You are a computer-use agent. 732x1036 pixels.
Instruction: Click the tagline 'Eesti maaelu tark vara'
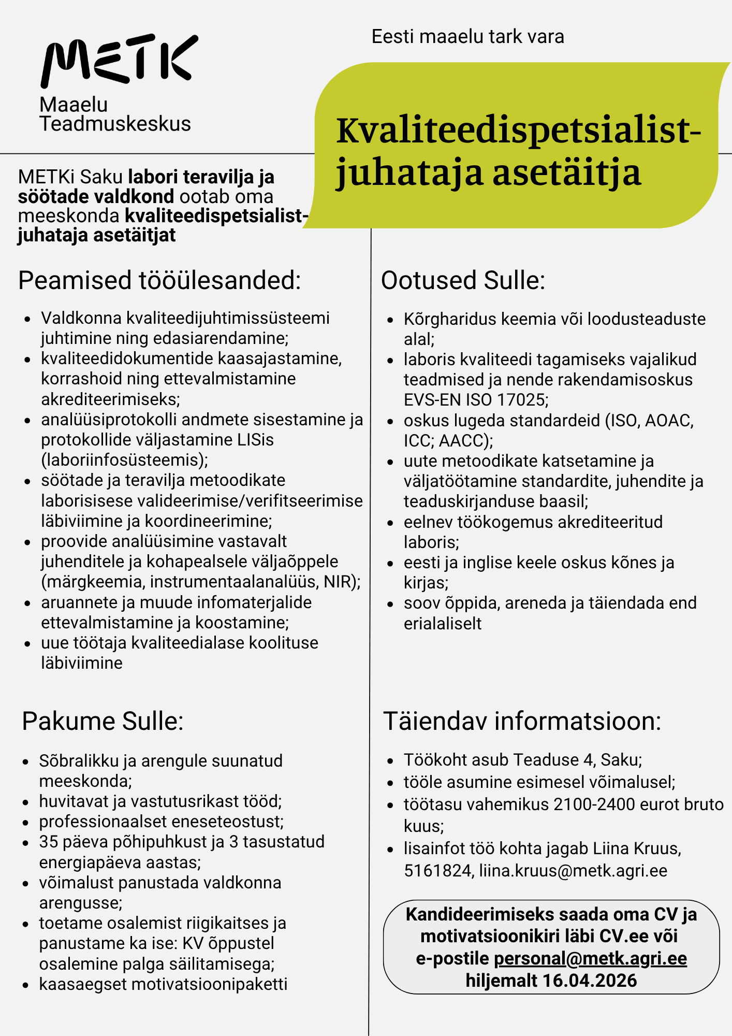[467, 37]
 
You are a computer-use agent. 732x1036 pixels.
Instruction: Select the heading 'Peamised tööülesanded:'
[159, 280]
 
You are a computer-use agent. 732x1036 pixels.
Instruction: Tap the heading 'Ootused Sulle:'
[463, 280]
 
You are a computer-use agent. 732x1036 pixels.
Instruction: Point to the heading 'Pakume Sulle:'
[103, 721]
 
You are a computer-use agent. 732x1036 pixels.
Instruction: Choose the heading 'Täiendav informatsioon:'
[522, 721]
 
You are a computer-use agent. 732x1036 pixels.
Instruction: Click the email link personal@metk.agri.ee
[590, 958]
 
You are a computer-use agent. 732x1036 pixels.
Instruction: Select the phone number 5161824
[437, 871]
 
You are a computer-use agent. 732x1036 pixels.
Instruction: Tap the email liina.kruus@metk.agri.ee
[573, 871]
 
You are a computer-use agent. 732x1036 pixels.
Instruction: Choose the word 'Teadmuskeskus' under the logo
[115, 124]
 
